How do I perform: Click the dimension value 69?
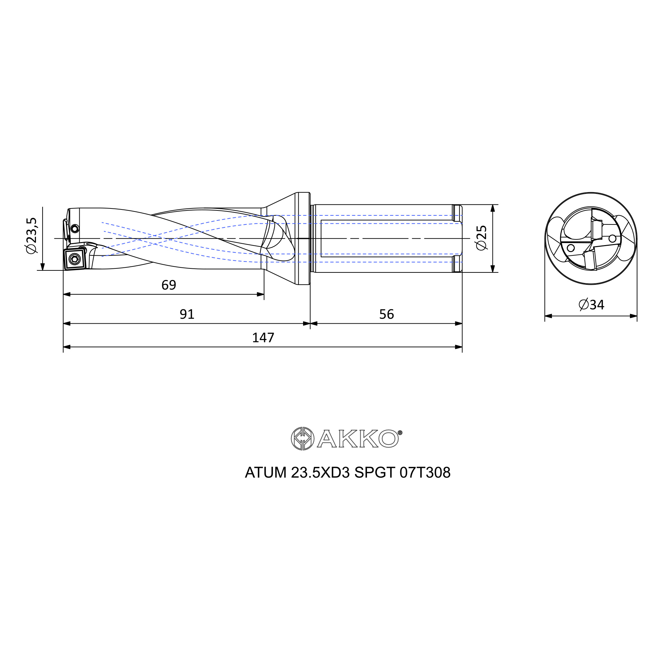click(x=168, y=285)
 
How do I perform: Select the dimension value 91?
click(x=187, y=314)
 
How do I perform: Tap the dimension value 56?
click(x=386, y=314)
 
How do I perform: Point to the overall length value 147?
click(x=263, y=338)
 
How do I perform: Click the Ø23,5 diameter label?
click(x=31, y=236)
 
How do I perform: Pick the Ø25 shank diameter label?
click(x=481, y=238)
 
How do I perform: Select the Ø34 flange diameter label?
click(x=591, y=305)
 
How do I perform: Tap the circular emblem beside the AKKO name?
click(x=302, y=439)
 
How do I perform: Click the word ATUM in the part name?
click(x=265, y=473)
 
